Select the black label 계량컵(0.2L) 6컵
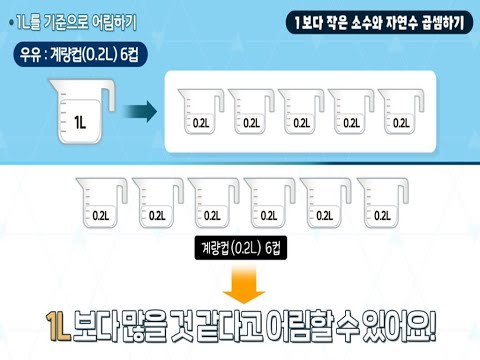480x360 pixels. pyautogui.click(x=240, y=248)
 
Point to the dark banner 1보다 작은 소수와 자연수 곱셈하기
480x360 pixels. pyautogui.click(x=375, y=21)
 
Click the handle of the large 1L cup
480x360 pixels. pyautogui.click(x=109, y=101)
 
